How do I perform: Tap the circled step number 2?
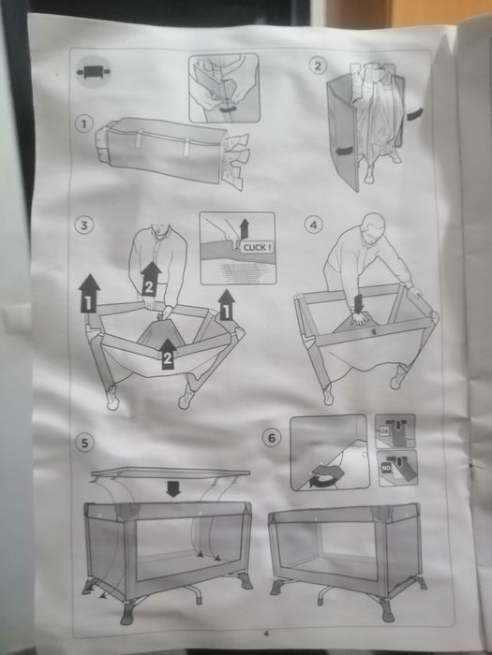318,65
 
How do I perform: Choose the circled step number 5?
85,441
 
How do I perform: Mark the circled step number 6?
273,437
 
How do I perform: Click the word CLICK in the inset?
254,247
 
